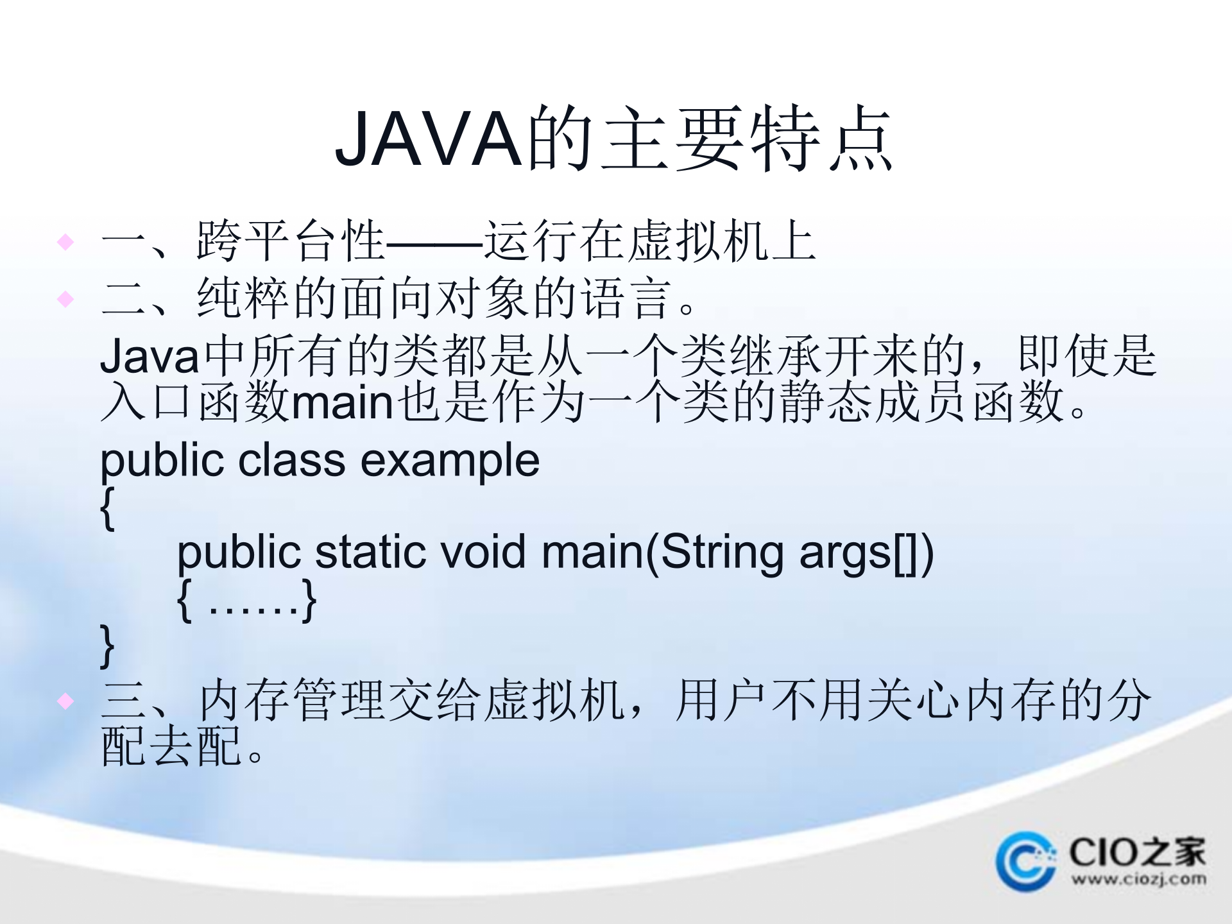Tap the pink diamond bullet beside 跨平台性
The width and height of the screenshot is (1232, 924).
(x=65, y=242)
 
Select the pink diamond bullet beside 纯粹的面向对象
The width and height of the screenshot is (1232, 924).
(x=65, y=299)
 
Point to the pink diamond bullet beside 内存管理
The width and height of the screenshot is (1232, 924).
(x=65, y=701)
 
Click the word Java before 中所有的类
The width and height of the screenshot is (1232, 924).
(x=150, y=357)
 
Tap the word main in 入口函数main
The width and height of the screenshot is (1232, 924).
(x=343, y=403)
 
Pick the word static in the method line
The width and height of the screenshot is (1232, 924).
(x=371, y=552)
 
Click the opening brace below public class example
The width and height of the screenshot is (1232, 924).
(x=108, y=508)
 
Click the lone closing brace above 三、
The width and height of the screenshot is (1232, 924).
(x=108, y=646)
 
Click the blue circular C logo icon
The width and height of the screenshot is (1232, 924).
(x=1025, y=861)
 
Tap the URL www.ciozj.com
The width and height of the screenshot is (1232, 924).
(x=1138, y=878)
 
